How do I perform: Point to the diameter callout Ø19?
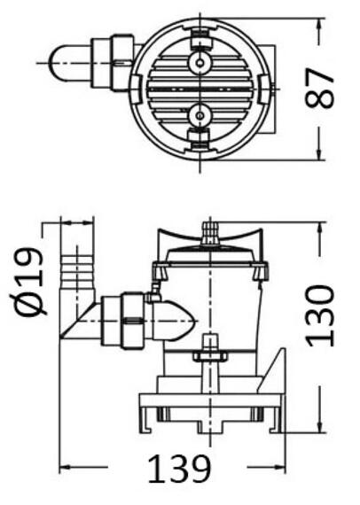coord(29,282)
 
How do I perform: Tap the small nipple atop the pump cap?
coord(209,233)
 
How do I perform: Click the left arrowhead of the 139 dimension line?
coord(64,468)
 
